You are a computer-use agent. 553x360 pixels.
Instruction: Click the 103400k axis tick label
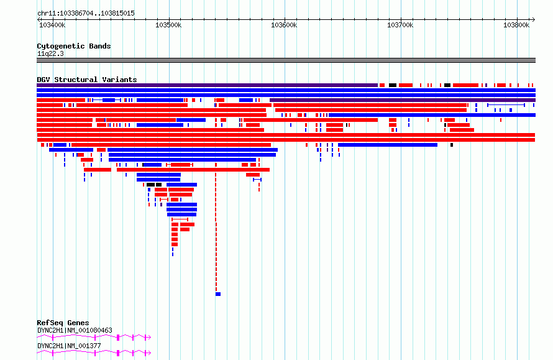pyautogui.click(x=52, y=25)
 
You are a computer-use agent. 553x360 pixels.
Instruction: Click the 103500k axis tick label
pyautogui.click(x=168, y=25)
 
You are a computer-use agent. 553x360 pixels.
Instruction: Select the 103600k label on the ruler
pyautogui.click(x=284, y=25)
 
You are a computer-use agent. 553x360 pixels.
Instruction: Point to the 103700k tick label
pyautogui.click(x=400, y=25)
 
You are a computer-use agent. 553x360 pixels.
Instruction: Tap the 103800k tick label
pyautogui.click(x=516, y=25)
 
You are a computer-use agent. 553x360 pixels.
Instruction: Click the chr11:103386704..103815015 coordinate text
pyautogui.click(x=86, y=14)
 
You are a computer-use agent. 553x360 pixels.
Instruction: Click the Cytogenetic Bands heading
pyautogui.click(x=74, y=46)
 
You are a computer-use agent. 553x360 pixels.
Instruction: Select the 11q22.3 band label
pyautogui.click(x=50, y=53)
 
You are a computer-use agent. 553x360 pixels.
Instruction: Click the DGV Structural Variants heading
pyautogui.click(x=87, y=80)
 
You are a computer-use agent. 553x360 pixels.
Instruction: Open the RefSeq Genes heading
pyautogui.click(x=63, y=323)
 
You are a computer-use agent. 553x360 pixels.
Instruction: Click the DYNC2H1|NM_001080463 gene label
pyautogui.click(x=75, y=330)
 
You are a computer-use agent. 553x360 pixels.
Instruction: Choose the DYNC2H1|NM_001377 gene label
pyautogui.click(x=69, y=346)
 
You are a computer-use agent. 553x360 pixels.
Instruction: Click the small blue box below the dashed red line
pyautogui.click(x=218, y=294)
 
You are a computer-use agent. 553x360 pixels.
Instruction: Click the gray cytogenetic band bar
pyautogui.click(x=286, y=60)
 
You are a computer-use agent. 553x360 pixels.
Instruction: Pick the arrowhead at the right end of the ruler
pyautogui.click(x=534, y=20)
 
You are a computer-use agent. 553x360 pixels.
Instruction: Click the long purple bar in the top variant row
pyautogui.click(x=207, y=85)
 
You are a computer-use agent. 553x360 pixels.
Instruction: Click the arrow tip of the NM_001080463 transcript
pyautogui.click(x=151, y=338)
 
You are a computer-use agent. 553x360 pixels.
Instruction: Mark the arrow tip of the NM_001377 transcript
pyautogui.click(x=151, y=353)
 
